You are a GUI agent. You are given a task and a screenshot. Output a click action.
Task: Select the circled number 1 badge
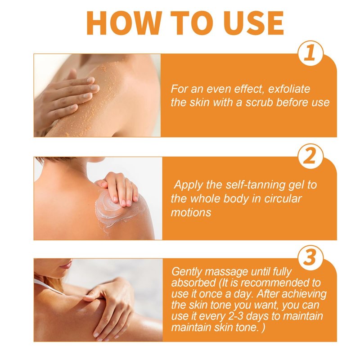pos(310,53)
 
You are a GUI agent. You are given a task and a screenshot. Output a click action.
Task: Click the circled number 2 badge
pos(310,156)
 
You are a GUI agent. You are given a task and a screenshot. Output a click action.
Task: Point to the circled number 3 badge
pos(310,257)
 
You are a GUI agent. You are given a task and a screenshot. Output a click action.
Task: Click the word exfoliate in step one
pos(289,89)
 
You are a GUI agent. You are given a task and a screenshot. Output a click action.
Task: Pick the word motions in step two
pos(191,212)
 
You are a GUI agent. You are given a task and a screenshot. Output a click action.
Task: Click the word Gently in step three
pos(187,272)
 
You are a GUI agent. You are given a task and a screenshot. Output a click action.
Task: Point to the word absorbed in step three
pos(193,283)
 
